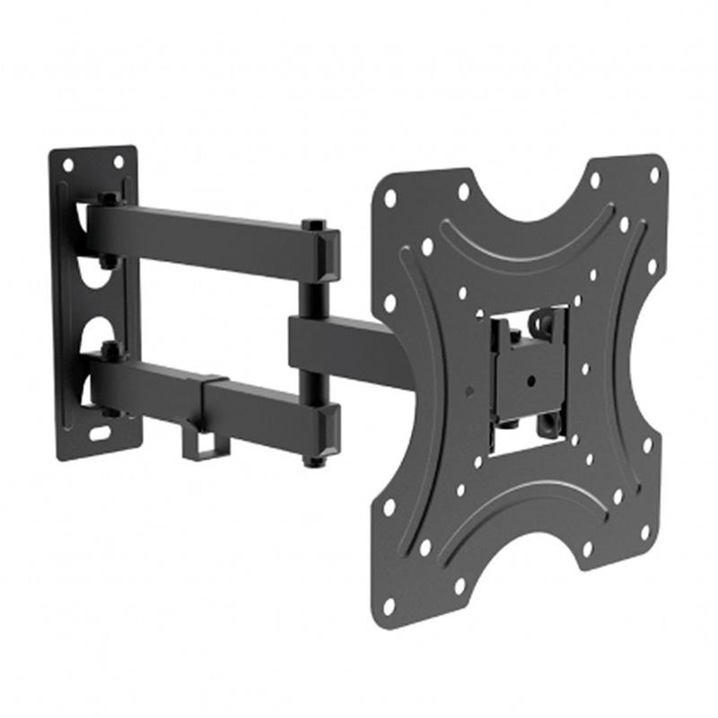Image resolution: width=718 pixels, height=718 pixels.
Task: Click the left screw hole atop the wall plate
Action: pos(67,165)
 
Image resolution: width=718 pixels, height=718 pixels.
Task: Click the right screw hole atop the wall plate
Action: pos(117,162)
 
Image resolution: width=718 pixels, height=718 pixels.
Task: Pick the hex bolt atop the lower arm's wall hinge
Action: pos(109,349)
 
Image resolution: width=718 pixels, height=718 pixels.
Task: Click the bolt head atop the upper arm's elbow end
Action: pos(312,224)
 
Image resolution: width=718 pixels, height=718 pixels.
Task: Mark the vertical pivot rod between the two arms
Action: pos(311,296)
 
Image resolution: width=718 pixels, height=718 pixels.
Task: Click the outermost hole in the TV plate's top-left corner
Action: pos(389,199)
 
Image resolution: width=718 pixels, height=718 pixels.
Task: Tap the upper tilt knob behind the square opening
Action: pos(547,320)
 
